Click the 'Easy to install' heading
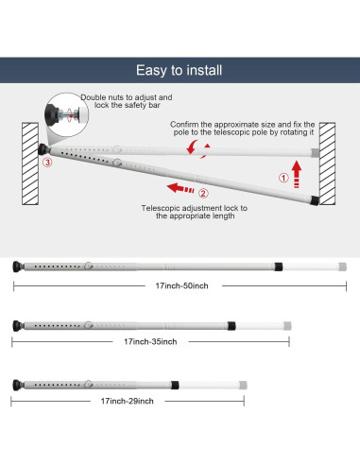(x=179, y=70)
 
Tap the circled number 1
(x=283, y=178)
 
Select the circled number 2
(x=203, y=193)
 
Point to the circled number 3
(x=47, y=163)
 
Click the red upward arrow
(x=297, y=174)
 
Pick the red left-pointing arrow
(x=180, y=188)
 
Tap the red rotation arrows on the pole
(x=198, y=148)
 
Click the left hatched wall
(x=30, y=164)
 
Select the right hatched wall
(x=328, y=164)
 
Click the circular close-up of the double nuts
(x=67, y=114)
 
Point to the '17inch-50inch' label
(x=181, y=285)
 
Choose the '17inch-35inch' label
(x=150, y=341)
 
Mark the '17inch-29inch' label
(x=128, y=401)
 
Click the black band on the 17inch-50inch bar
(x=279, y=267)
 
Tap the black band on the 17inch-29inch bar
(x=175, y=385)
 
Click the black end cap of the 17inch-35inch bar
(x=18, y=325)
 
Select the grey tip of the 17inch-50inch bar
(x=342, y=267)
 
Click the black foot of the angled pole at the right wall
(x=315, y=200)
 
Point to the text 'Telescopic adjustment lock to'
(x=195, y=208)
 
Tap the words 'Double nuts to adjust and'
(x=127, y=97)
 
